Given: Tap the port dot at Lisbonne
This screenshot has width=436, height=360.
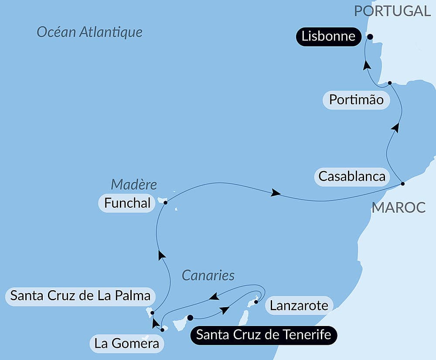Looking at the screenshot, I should coord(370,37).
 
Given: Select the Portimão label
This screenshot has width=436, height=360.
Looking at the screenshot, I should coord(356,100).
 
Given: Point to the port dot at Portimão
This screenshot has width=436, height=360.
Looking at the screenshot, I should coord(390,82).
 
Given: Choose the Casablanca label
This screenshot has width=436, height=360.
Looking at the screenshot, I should coord(352,176).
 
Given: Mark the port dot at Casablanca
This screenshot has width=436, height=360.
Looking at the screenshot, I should coord(403,184).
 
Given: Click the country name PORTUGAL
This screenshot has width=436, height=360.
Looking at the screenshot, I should coord(392,11).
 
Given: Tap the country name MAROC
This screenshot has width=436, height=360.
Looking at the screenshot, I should coord(399,207).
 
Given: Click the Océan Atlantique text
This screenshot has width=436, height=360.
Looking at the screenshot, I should coord(89,32).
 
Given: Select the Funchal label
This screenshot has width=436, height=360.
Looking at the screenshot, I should coord(127,203).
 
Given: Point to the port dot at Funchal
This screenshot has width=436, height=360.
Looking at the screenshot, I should coord(165,202).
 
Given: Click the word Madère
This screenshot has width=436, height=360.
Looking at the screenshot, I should coord(133,184).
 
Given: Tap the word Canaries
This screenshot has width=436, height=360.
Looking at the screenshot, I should coord(208,275).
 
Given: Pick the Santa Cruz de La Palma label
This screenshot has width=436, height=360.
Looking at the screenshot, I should coord(80,296).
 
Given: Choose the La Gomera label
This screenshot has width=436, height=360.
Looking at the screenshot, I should coord(126,344).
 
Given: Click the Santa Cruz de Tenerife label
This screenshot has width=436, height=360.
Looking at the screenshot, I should coord(263,335).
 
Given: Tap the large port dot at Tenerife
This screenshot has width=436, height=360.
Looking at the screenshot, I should coord(190,318).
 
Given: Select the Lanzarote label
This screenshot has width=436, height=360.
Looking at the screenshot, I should coord(299,305).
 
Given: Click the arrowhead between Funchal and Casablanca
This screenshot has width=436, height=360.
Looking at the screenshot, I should coord(275,193).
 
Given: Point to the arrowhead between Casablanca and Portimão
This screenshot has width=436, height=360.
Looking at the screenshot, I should coord(395,127).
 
